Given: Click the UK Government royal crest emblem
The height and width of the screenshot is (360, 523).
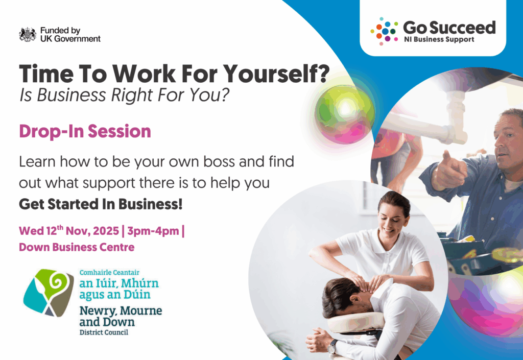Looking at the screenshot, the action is pyautogui.click(x=28, y=35).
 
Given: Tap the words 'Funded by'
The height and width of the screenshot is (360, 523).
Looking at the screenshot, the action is pyautogui.click(x=60, y=31).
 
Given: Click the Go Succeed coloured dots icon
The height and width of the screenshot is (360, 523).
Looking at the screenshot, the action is pyautogui.click(x=384, y=31).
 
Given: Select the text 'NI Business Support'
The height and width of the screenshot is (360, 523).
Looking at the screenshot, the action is pyautogui.click(x=439, y=39).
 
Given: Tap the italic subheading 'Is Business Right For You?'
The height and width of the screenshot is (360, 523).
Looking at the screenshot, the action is pyautogui.click(x=125, y=95).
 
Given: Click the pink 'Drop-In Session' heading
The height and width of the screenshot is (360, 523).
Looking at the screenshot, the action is pyautogui.click(x=85, y=131).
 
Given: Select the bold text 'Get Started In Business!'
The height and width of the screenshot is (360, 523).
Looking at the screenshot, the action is pyautogui.click(x=101, y=204).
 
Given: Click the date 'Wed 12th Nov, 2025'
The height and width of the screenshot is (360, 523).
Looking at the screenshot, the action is pyautogui.click(x=69, y=230).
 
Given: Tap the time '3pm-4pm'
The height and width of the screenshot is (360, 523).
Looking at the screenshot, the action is pyautogui.click(x=153, y=231).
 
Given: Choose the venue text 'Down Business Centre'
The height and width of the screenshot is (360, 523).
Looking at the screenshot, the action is pyautogui.click(x=77, y=247).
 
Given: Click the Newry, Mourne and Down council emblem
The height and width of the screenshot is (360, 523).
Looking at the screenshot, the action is pyautogui.click(x=49, y=293).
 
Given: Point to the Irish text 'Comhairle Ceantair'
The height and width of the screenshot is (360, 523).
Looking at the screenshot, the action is pyautogui.click(x=109, y=272).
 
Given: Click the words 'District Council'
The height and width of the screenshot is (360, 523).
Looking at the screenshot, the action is pyautogui.click(x=104, y=332).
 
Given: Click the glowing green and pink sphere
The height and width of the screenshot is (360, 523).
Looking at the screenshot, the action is pyautogui.click(x=345, y=114).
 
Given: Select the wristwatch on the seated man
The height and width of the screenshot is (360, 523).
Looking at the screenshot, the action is pyautogui.click(x=332, y=347).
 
